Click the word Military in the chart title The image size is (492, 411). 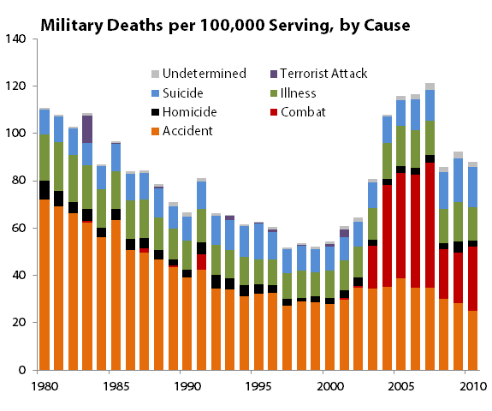(72, 25)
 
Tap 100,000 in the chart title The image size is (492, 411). (232, 25)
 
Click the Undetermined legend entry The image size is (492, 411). (199, 74)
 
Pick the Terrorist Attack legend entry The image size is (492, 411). (318, 74)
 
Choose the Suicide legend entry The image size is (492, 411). (177, 93)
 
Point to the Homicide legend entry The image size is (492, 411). (184, 112)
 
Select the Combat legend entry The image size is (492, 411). (298, 112)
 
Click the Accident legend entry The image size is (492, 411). (182, 131)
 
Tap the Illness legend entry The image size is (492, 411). (293, 93)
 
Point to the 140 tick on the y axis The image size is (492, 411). (15, 39)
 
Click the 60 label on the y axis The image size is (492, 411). (19, 228)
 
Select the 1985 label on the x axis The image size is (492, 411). (116, 386)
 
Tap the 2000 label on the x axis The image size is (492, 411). (330, 386)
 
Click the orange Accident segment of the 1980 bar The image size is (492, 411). (44, 285)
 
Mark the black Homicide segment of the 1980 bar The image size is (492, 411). (44, 190)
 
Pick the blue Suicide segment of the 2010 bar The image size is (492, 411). (472, 188)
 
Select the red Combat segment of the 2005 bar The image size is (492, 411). (400, 226)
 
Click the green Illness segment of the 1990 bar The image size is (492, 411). (187, 255)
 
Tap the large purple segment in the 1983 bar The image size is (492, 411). (87, 129)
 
